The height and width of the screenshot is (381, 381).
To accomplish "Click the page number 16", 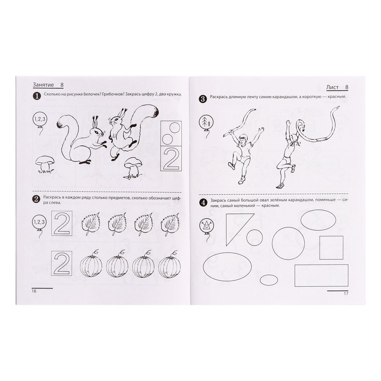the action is click(34, 291).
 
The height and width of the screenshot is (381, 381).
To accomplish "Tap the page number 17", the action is click(346, 293).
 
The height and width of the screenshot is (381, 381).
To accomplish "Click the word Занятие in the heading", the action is click(43, 85).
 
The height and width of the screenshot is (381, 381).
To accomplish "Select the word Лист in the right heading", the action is click(332, 88).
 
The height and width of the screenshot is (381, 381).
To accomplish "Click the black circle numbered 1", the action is click(36, 96).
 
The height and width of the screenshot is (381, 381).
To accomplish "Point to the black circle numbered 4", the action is click(203, 202).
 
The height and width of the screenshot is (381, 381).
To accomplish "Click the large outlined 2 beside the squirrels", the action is click(171, 158).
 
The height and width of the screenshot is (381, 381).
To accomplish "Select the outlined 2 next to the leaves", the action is click(62, 223).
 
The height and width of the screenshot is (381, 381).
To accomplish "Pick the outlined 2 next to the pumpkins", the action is click(62, 263).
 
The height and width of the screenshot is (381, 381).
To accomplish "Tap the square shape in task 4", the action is click(331, 248).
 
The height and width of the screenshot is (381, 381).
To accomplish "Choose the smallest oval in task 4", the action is click(269, 280).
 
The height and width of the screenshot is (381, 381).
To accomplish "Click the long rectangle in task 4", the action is click(322, 275).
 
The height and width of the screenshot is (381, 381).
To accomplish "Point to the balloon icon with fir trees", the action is click(206, 121).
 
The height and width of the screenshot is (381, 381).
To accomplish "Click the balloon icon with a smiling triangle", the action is click(206, 226).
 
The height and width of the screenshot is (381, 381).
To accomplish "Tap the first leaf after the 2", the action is click(90, 224).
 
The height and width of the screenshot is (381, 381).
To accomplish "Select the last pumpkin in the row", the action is click(170, 265).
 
